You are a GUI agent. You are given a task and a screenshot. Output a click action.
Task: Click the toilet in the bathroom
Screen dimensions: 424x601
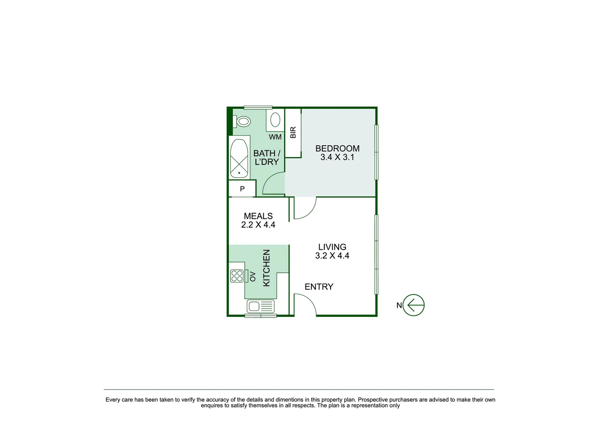[243, 122]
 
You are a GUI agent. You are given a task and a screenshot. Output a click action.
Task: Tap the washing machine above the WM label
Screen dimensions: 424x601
[275, 120]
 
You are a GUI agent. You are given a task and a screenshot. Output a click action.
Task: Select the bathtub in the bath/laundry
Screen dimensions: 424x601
[239, 158]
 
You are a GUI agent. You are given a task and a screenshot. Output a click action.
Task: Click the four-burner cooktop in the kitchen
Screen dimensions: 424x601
[237, 276]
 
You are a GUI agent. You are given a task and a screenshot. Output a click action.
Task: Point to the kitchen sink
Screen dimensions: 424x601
[260, 306]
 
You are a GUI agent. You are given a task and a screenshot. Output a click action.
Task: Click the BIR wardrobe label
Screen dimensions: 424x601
[293, 132]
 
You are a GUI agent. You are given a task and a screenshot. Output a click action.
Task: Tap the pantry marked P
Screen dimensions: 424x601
[242, 189]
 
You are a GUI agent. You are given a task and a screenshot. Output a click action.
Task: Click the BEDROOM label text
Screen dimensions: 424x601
[337, 148]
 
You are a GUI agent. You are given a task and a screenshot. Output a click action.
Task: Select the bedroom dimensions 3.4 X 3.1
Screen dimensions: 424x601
[337, 157]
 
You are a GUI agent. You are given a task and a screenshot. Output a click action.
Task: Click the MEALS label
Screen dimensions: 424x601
[258, 216]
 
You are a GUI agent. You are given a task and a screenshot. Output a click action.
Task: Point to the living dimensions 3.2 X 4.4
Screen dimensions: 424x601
[332, 256]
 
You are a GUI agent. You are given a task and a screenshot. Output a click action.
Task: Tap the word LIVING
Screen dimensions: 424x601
[332, 247]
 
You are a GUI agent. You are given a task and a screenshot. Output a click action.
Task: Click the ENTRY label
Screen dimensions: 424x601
[319, 287]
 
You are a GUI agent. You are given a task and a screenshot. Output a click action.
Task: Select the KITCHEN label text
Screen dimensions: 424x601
[266, 268]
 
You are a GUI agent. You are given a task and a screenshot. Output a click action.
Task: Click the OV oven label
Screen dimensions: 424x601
[253, 276]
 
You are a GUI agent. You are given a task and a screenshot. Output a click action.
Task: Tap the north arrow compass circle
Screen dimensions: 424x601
[414, 305]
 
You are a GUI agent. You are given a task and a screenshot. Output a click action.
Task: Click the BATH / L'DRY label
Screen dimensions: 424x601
[266, 157]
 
